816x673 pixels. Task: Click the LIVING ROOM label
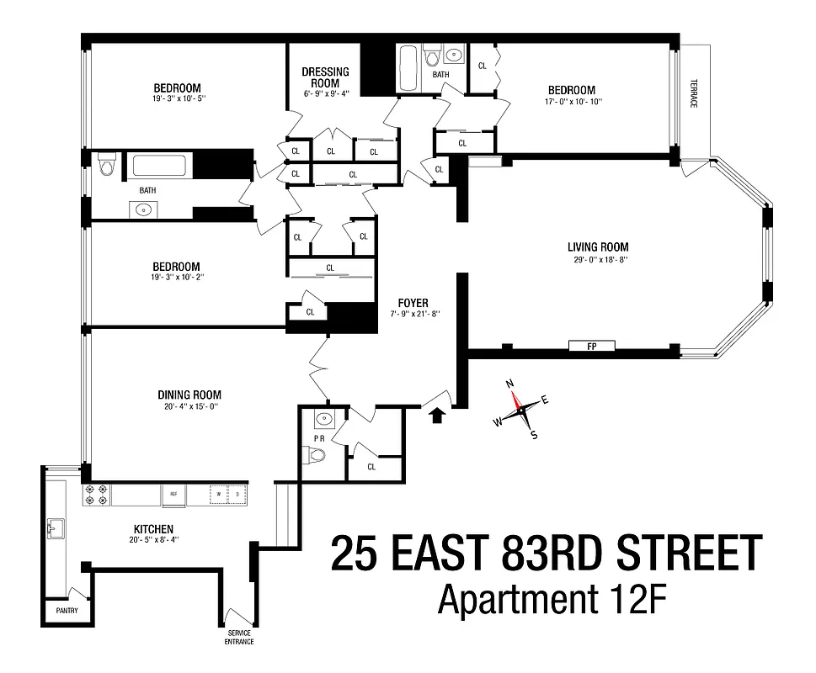(597, 247)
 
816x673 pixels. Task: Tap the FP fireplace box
(592, 346)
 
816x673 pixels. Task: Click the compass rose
(523, 410)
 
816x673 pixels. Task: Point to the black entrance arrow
(436, 416)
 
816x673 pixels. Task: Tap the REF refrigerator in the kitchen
(173, 495)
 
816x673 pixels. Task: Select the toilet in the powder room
(316, 456)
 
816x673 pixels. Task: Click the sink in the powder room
(321, 419)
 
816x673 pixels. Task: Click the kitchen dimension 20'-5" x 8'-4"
(153, 539)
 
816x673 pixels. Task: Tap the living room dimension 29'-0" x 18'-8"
(597, 260)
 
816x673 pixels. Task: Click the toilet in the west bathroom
(106, 167)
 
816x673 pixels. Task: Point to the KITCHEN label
(153, 529)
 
